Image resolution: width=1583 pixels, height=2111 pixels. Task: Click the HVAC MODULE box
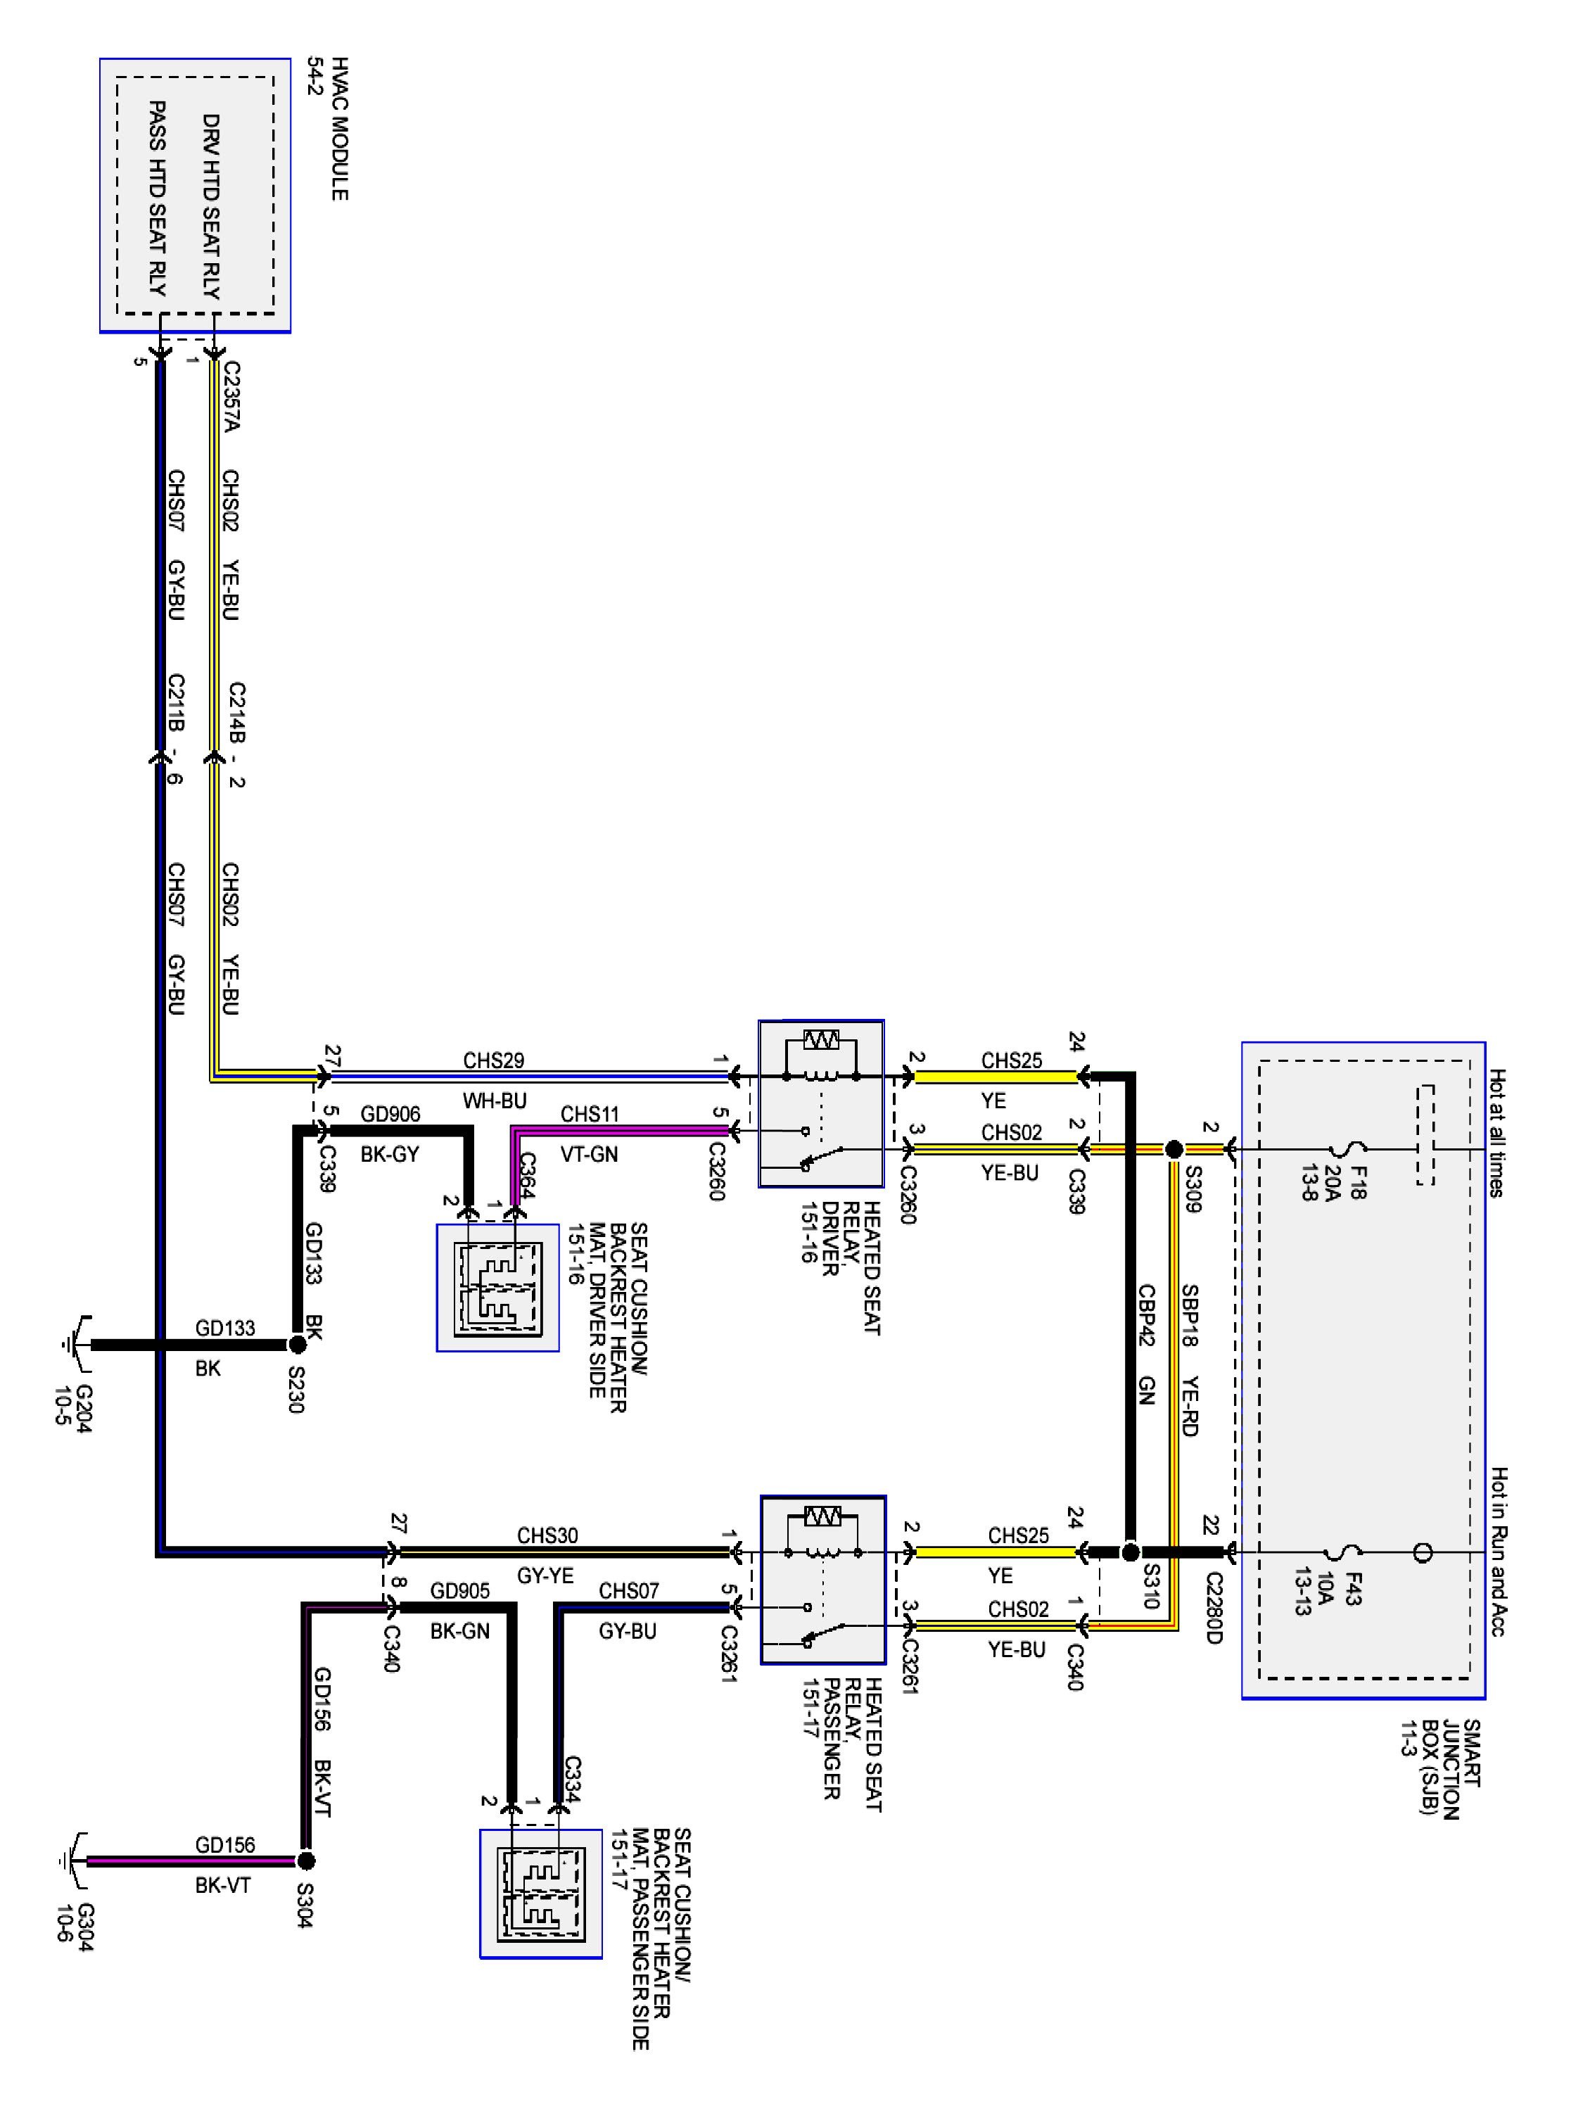pos(195,196)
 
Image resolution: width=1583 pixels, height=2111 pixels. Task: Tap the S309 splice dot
pos(1174,1149)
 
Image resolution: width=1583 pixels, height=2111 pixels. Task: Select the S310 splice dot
pos(1130,1551)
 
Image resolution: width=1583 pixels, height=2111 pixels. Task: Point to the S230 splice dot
pos(298,1344)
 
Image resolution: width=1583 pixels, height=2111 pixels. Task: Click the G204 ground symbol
pos(76,1344)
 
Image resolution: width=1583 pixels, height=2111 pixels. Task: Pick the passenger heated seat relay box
pos(822,1580)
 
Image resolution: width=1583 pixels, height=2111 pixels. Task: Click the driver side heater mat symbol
pos(498,1288)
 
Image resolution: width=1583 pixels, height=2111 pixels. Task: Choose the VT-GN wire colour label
pos(589,1155)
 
